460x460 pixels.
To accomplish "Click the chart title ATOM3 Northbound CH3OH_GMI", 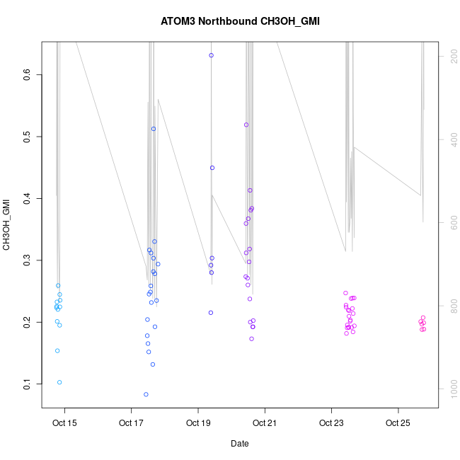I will point(239,21).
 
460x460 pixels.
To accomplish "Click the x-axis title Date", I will point(239,444).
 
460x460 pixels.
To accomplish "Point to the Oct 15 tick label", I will point(65,424).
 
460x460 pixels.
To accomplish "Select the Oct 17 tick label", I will point(132,424).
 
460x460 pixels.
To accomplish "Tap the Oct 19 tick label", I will point(198,424).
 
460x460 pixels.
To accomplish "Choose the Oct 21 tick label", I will point(265,424).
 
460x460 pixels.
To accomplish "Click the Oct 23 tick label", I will point(331,424).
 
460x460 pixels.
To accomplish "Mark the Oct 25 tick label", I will point(398,424).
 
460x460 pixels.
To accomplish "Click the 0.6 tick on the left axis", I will point(27,74).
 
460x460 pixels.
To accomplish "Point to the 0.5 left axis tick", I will point(27,137).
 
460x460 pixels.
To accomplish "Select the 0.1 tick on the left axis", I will point(27,384).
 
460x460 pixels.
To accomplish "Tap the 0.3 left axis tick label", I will point(27,260).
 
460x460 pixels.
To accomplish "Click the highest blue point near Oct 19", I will point(211,55).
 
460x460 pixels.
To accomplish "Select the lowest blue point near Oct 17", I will point(146,394).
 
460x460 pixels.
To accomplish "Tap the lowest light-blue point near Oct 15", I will point(59,382).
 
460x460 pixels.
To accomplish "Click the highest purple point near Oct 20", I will point(246,125).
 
